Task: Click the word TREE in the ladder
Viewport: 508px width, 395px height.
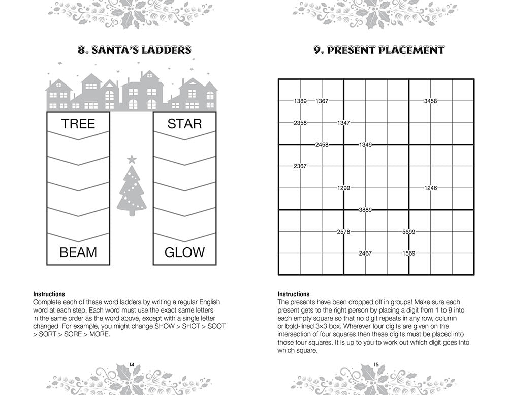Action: coord(78,124)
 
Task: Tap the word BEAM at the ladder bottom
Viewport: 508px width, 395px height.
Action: coord(78,252)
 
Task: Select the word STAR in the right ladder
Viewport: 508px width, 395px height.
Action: coord(184,124)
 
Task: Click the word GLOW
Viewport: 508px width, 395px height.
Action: coord(184,252)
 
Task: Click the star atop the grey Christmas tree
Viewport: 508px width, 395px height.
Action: coord(132,159)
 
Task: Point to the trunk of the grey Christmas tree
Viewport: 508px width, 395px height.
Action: coord(132,213)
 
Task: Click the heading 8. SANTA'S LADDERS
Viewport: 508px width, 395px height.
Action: coord(134,50)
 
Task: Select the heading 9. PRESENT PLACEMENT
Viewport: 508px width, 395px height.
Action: coord(378,50)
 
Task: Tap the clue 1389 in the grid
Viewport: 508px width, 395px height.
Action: coord(300,101)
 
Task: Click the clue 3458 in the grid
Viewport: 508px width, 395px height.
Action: coord(430,101)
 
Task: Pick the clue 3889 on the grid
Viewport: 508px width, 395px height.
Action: coord(365,210)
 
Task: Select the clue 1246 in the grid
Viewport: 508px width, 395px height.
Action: coord(430,188)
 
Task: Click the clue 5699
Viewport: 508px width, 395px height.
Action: coord(408,232)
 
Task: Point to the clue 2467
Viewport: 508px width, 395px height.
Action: coord(365,253)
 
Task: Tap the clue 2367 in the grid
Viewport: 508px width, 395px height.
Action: coord(300,166)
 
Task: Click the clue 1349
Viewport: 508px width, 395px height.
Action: coord(365,145)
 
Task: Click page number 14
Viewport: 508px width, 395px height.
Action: coord(132,364)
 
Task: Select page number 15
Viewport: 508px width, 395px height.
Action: coord(376,364)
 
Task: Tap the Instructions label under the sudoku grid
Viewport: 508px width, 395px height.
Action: coord(293,294)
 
